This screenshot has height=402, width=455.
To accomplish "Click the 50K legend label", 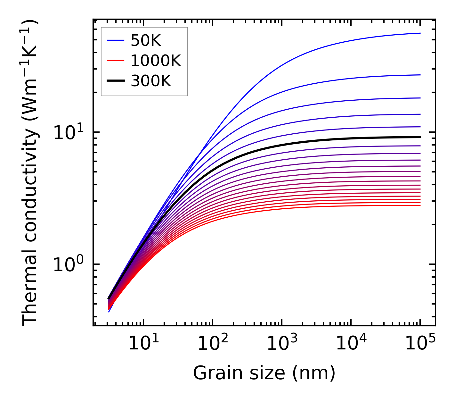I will point(146,40).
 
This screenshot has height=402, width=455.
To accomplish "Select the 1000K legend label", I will point(156,61).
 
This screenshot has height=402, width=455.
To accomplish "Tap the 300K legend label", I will point(151,81).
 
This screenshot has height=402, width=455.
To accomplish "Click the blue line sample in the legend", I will point(116,40).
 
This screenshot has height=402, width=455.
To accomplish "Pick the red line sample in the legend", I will point(116,61).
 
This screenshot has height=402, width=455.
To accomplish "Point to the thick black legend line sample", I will point(116,81).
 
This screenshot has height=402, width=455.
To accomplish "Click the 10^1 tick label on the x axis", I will point(143,344).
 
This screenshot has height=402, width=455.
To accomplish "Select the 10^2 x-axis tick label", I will point(213,344).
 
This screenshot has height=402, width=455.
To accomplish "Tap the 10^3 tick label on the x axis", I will point(282,344).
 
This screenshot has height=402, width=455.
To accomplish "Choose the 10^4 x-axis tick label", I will point(351,344).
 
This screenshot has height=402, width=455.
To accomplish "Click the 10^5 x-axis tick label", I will point(420,344).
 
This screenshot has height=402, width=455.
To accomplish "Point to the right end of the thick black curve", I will point(420,137).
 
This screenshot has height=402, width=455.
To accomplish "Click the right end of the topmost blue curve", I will point(420,33).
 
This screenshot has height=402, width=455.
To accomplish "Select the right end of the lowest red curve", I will point(420,205).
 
